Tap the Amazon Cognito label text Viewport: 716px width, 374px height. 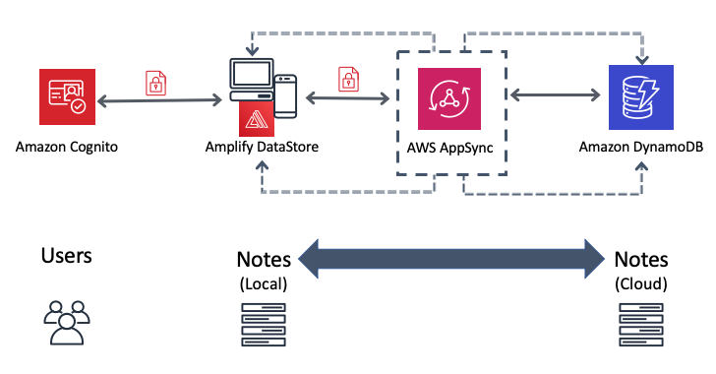pyautogui.click(x=68, y=148)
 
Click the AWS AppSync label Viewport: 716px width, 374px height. pyautogui.click(x=449, y=148)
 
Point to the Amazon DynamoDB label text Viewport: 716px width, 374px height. pyautogui.click(x=640, y=148)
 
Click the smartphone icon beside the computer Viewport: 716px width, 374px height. pyautogui.click(x=285, y=94)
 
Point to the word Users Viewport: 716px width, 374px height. pyautogui.click(x=67, y=256)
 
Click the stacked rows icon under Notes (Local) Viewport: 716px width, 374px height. pyautogui.click(x=264, y=326)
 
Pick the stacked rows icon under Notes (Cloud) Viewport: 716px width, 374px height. pyautogui.click(x=640, y=326)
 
